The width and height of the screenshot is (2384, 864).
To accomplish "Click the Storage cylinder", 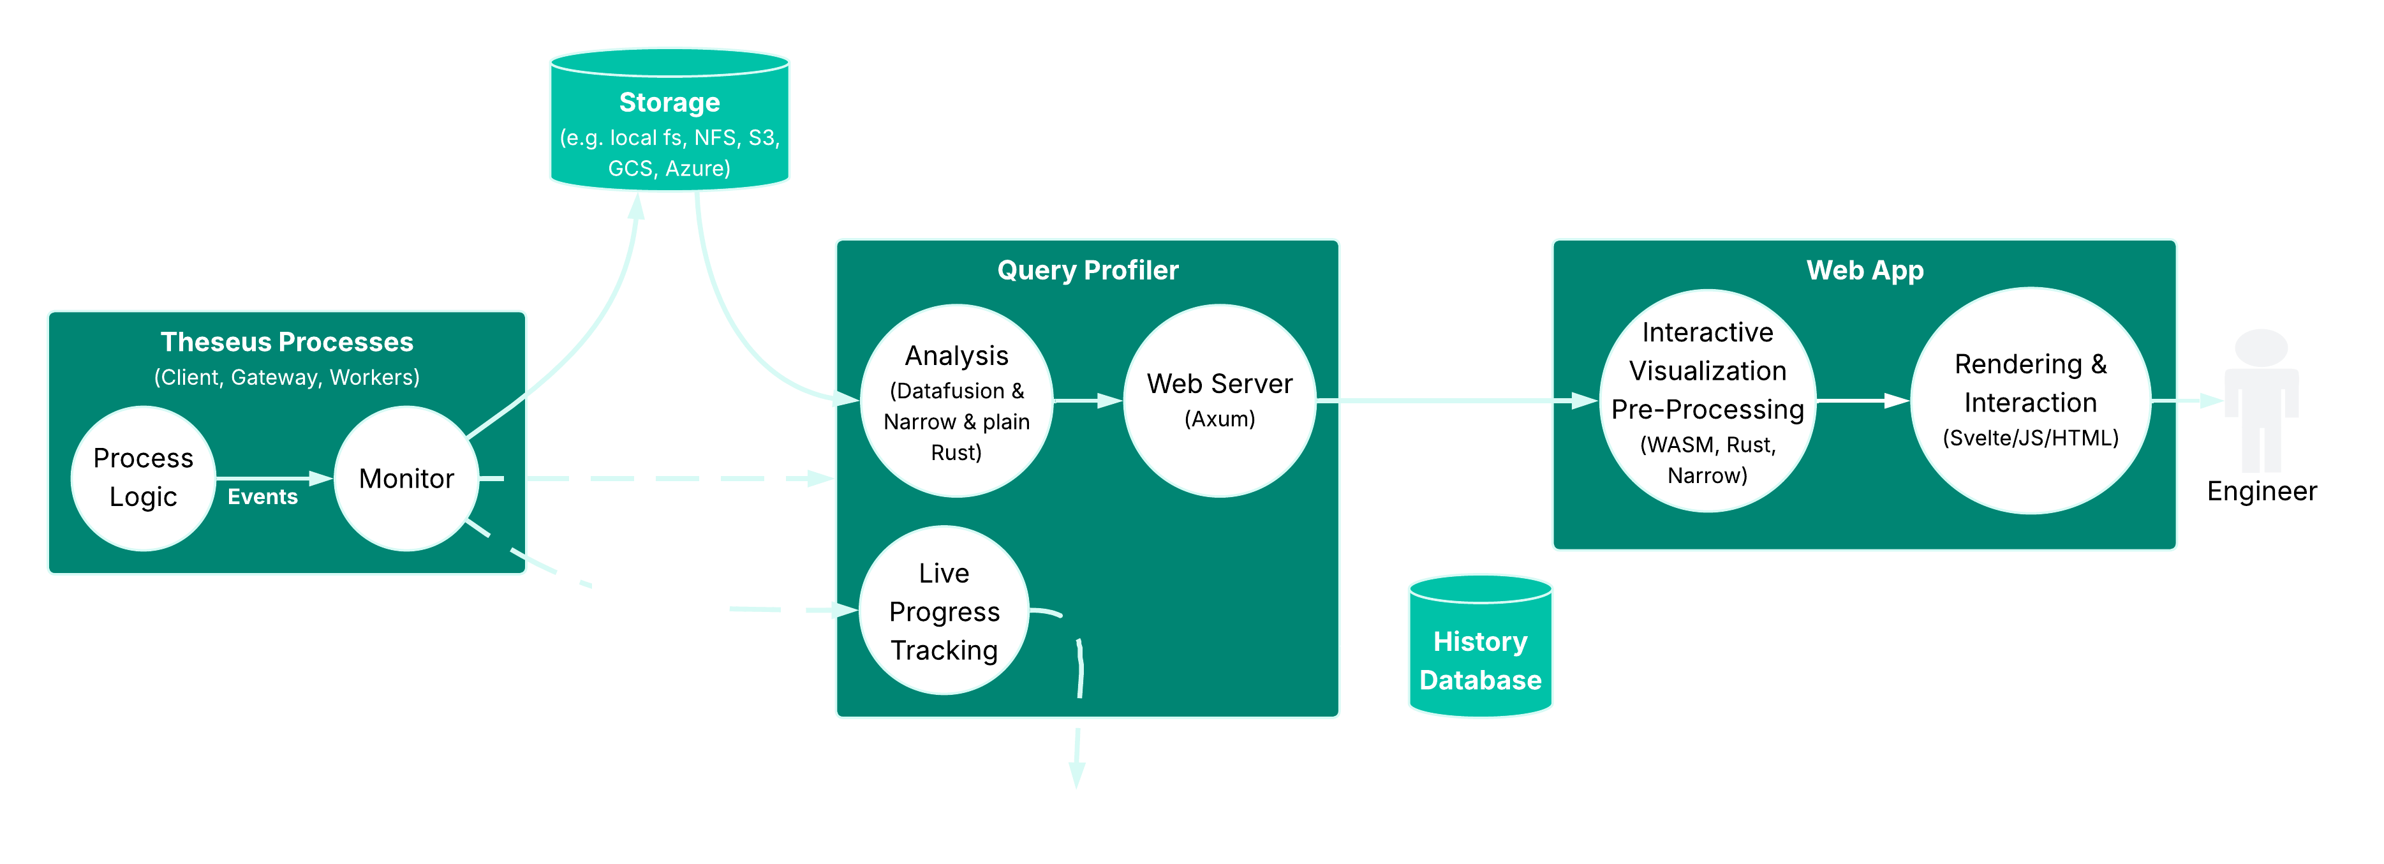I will coord(669,121).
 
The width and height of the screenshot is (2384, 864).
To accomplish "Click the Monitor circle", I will coord(406,478).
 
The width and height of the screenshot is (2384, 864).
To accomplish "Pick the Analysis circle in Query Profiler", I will coord(956,401).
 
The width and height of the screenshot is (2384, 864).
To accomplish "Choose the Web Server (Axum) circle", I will coord(1219,401).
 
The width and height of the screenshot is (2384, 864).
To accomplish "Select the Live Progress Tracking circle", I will coord(944,611).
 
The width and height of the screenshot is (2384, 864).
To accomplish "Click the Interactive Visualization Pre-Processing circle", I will coord(1708,401).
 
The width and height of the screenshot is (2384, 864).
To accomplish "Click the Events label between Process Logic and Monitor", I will coord(263,497).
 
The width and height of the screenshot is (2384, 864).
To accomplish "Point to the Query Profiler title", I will coord(1088,271).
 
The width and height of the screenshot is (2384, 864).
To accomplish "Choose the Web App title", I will coord(1865,271).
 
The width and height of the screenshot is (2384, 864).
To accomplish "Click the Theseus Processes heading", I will coord(287,343).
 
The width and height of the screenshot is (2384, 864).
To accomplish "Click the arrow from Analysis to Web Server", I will coord(1088,401).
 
